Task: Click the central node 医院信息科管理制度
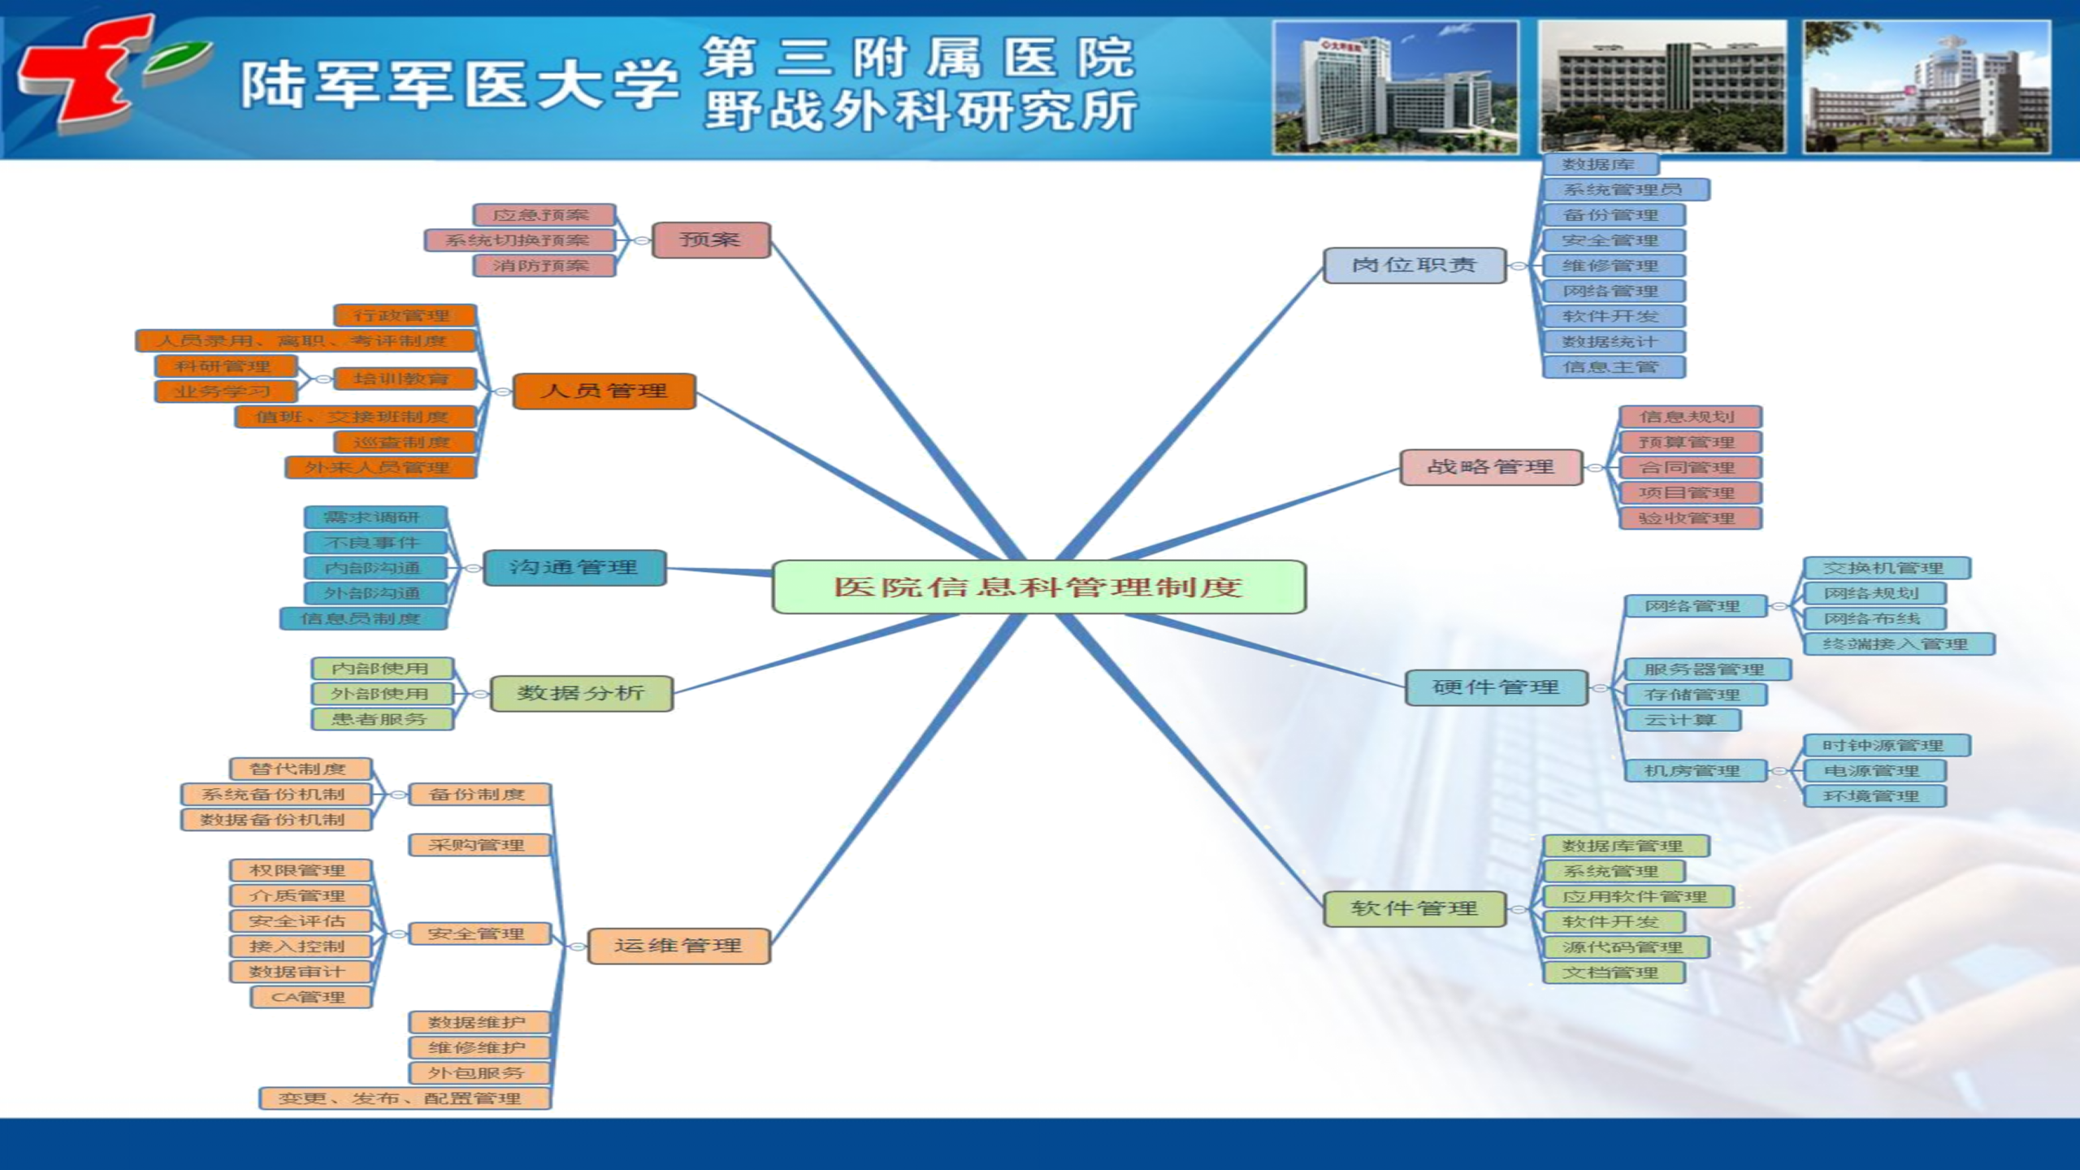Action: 1038,587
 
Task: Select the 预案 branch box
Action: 711,240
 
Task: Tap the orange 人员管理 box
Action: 604,391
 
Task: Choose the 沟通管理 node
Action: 574,567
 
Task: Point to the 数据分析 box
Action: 582,693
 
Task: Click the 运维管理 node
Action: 678,946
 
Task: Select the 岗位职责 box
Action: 1414,265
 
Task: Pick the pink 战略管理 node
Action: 1491,467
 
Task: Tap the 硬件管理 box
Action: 1496,687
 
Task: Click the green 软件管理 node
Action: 1414,908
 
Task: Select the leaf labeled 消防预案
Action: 543,266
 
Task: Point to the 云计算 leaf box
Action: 1681,720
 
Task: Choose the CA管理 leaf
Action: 310,997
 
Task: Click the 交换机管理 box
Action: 1886,568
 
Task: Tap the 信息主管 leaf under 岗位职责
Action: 1613,366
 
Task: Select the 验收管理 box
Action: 1689,518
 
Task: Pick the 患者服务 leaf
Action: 381,719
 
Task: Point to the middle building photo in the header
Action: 1662,87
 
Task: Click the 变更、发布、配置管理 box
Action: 404,1098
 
